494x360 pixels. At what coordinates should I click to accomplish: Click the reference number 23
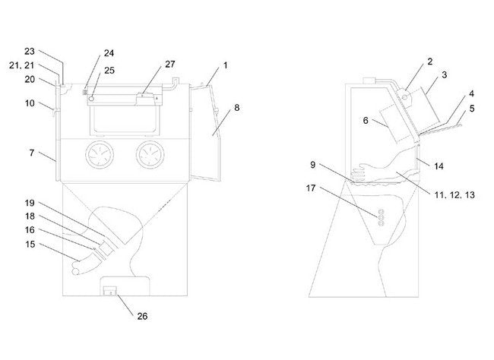[x=29, y=52]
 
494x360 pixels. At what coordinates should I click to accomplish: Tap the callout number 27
[x=169, y=65]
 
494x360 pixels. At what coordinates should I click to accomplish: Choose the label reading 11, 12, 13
[x=454, y=195]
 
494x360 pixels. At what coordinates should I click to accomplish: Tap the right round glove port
[x=150, y=156]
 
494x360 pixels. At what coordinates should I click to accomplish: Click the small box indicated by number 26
[x=109, y=289]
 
